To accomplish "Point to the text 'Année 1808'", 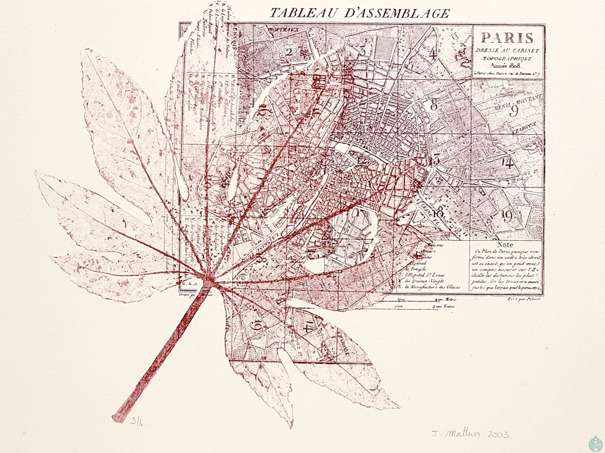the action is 507,65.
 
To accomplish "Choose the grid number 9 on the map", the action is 514,110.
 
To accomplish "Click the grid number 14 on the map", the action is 508,162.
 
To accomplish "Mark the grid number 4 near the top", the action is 432,52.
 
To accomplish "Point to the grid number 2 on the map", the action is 289,52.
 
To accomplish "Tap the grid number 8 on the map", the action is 434,105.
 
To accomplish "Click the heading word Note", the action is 506,244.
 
